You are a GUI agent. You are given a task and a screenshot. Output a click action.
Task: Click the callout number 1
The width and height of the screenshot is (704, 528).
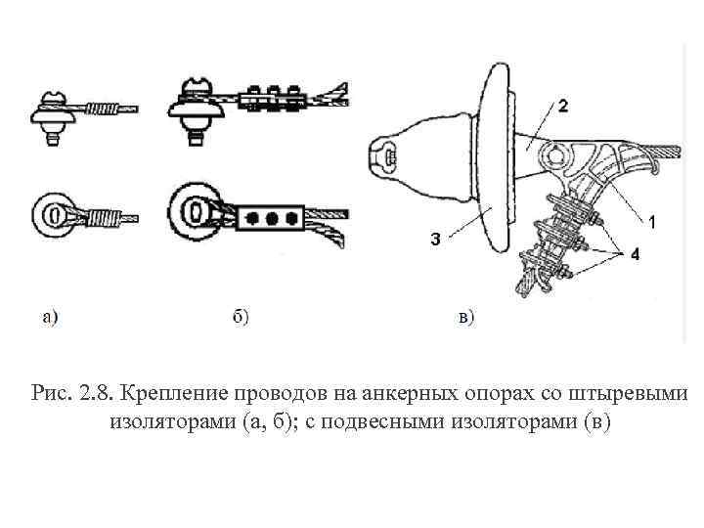(653, 222)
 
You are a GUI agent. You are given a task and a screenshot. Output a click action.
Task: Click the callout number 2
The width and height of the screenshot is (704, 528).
(564, 105)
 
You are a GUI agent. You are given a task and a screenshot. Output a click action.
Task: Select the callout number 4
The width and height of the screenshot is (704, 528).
(635, 254)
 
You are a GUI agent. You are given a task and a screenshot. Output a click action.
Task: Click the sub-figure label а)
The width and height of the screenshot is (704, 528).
(50, 316)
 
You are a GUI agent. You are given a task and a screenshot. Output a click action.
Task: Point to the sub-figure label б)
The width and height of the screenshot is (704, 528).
(240, 316)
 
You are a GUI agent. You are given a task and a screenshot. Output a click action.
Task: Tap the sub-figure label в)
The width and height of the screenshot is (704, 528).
(465, 316)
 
